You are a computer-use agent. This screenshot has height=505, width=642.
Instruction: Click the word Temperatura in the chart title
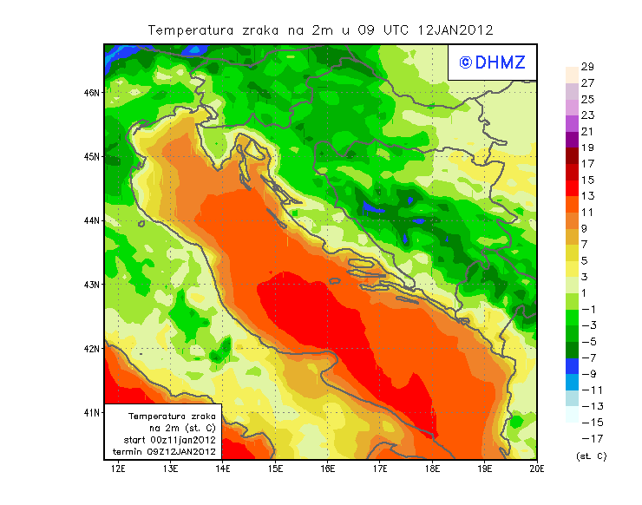coord(191,30)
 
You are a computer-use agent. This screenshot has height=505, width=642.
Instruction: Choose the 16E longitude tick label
coord(328,469)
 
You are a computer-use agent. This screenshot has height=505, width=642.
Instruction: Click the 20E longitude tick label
coord(537,469)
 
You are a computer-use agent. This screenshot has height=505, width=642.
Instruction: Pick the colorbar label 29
coord(587,67)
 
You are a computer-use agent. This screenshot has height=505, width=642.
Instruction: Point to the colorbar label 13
coord(587,196)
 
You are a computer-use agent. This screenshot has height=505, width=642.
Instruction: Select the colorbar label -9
coord(587,374)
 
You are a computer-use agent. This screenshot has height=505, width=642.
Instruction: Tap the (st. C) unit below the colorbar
coord(591,456)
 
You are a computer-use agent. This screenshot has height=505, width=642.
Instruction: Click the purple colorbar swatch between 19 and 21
coord(571,140)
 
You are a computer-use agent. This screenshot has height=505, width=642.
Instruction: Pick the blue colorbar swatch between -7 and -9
coord(571,366)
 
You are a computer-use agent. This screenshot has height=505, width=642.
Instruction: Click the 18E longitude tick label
coord(433,469)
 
